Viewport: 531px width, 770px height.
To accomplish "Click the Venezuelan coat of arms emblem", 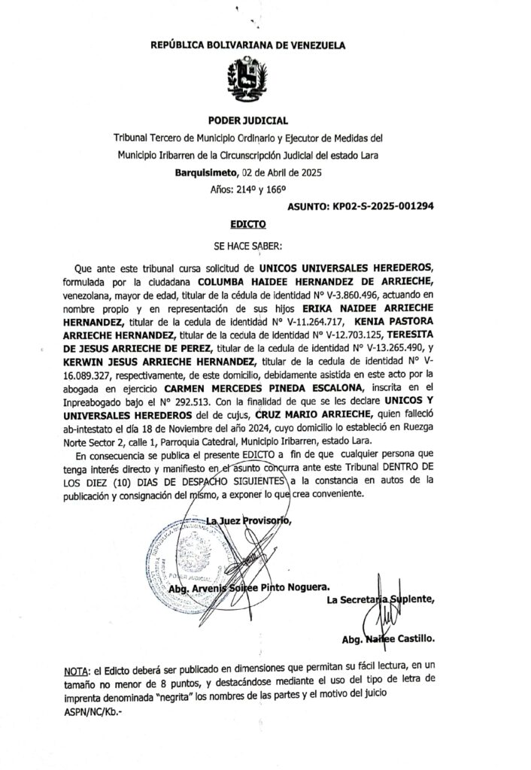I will pos(247,80).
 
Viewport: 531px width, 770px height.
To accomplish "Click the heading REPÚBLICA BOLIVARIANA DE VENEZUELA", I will pos(248,45).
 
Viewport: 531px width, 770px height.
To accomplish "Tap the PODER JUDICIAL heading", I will pos(248,120).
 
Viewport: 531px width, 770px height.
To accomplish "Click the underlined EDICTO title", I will pos(248,223).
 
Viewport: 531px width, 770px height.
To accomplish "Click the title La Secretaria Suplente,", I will pos(381,599).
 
